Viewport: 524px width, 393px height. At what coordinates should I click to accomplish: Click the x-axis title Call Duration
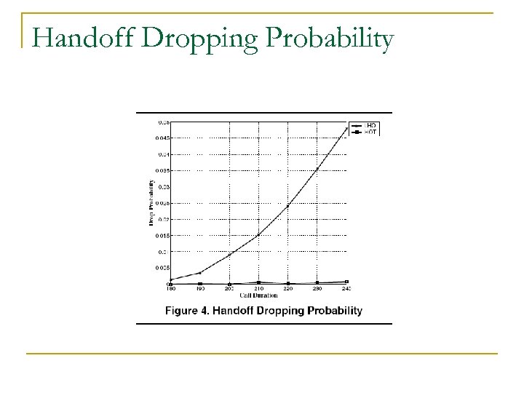pos(258,296)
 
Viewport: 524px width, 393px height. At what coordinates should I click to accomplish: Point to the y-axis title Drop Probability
pos(151,202)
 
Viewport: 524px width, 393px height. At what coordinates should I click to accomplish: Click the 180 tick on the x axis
pos(171,289)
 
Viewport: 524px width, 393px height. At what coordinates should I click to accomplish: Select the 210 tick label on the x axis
pos(258,289)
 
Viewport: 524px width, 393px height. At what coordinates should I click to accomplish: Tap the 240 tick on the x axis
pos(346,289)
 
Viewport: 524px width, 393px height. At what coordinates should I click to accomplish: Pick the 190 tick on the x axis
pos(200,289)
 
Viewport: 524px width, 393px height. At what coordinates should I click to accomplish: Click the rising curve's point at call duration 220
pos(288,206)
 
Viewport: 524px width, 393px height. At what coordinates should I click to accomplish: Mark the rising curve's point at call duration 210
pos(258,234)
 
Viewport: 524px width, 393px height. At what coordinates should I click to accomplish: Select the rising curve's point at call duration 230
pos(317,169)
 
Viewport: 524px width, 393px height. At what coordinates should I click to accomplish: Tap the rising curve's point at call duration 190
pos(200,273)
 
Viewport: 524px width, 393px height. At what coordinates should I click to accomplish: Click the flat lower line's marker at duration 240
pos(346,282)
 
